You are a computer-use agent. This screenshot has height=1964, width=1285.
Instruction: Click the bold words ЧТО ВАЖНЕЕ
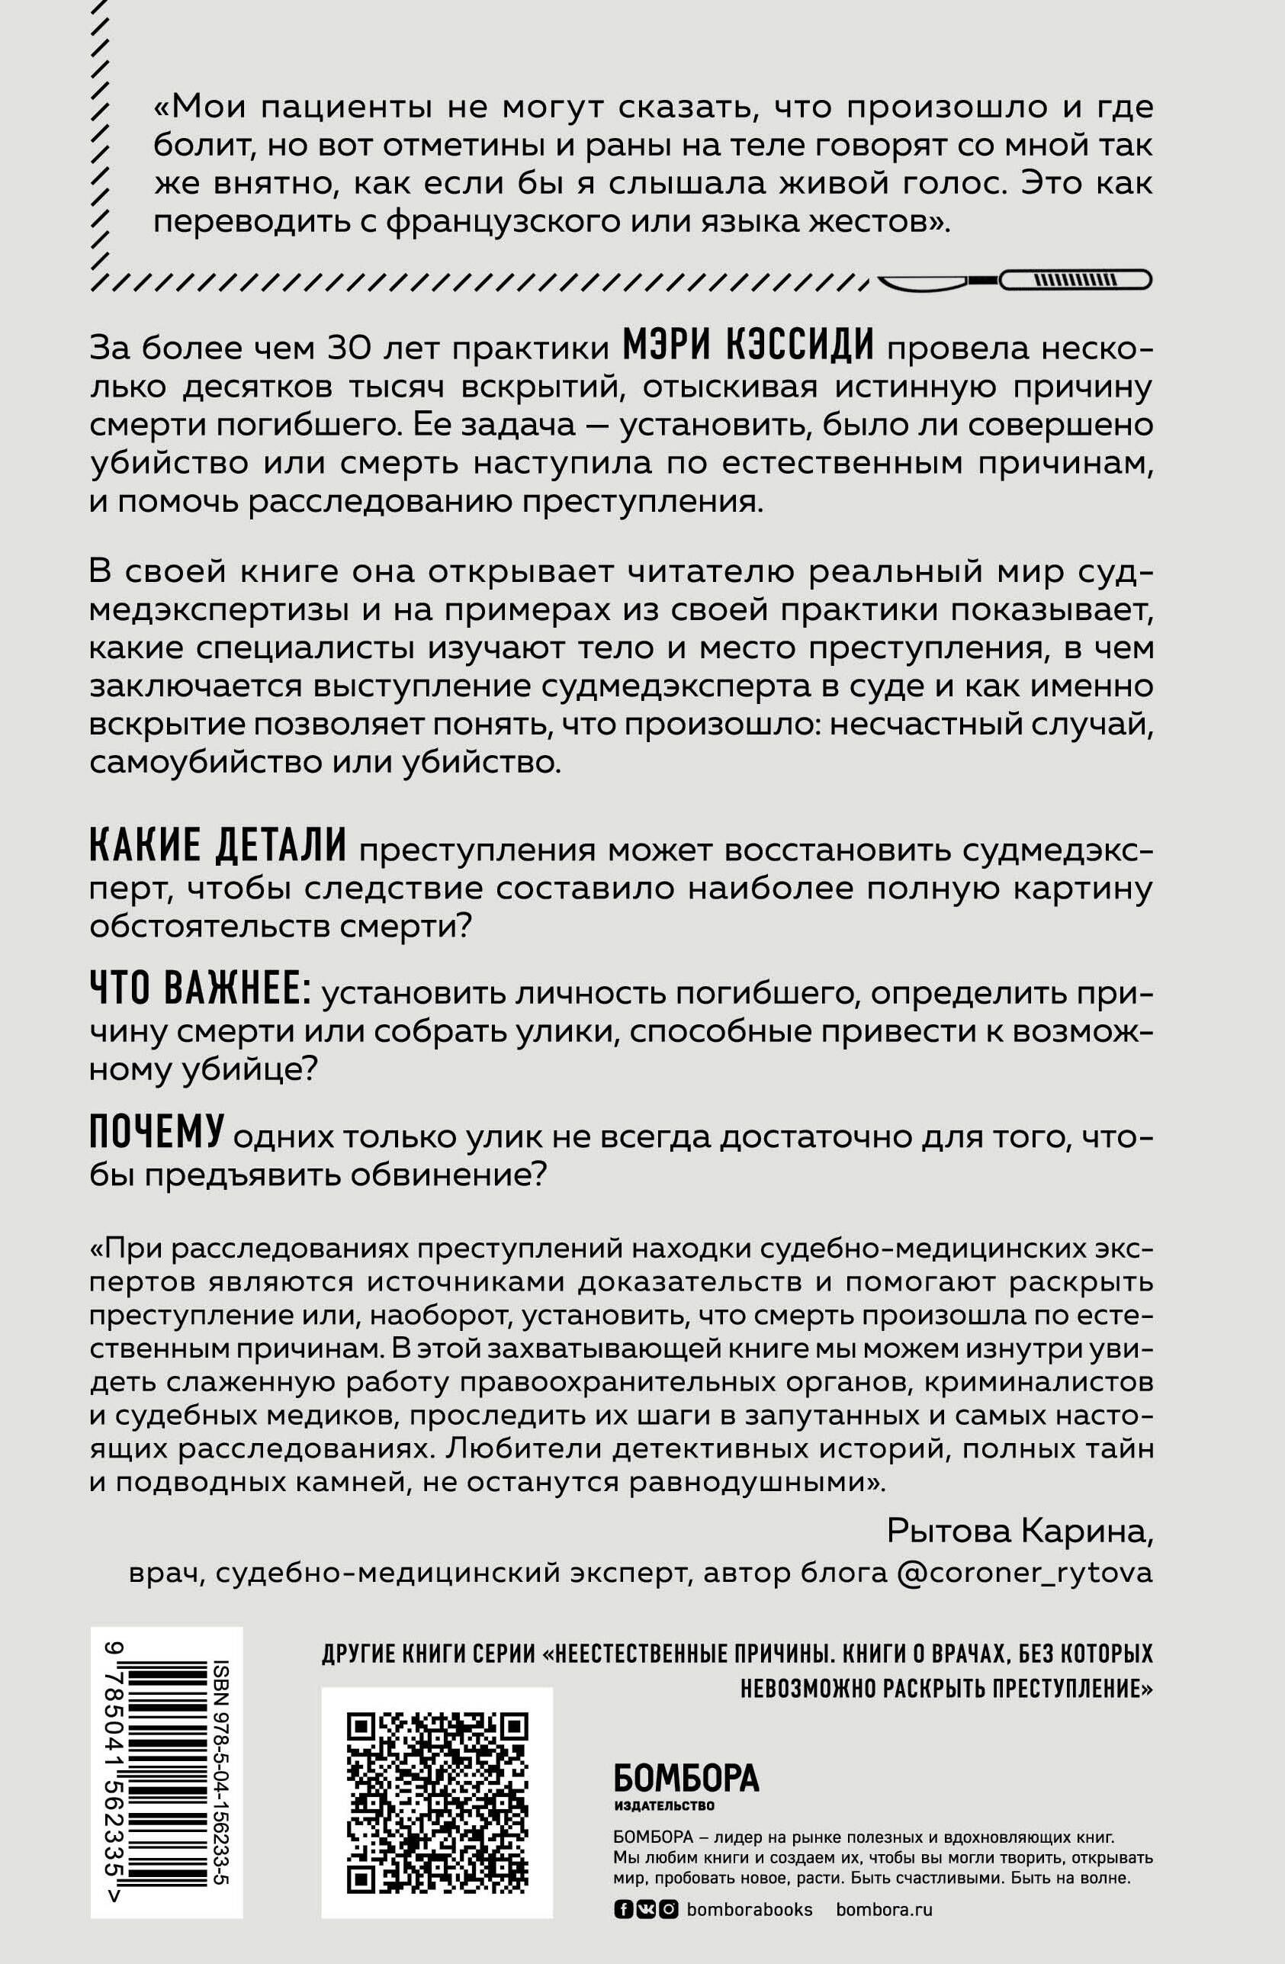coord(199,990)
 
